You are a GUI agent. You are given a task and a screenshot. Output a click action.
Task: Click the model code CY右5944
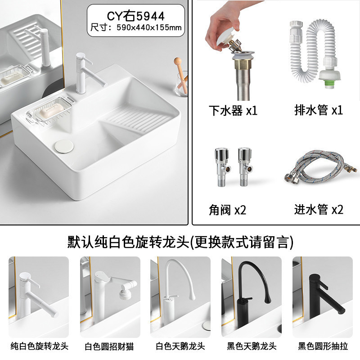(x=136, y=16)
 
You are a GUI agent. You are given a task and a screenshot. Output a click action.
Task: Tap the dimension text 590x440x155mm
(x=149, y=27)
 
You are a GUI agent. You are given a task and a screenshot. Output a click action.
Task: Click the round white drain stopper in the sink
(x=64, y=145)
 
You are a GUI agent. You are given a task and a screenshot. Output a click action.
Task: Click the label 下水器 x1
(x=233, y=110)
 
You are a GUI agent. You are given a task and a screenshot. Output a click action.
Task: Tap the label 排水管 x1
(x=319, y=110)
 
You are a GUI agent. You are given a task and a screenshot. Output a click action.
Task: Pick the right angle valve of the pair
(x=245, y=167)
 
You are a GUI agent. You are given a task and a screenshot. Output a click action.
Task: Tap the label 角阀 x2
(x=227, y=210)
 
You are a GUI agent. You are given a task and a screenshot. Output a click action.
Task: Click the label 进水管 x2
(x=319, y=209)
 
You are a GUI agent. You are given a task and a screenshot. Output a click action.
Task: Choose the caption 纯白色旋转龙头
(x=40, y=346)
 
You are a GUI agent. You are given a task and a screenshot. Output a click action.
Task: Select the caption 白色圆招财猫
(x=109, y=346)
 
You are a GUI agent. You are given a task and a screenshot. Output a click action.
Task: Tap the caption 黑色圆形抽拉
(x=323, y=346)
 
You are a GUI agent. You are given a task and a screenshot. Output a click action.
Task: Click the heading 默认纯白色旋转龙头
(x=128, y=242)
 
